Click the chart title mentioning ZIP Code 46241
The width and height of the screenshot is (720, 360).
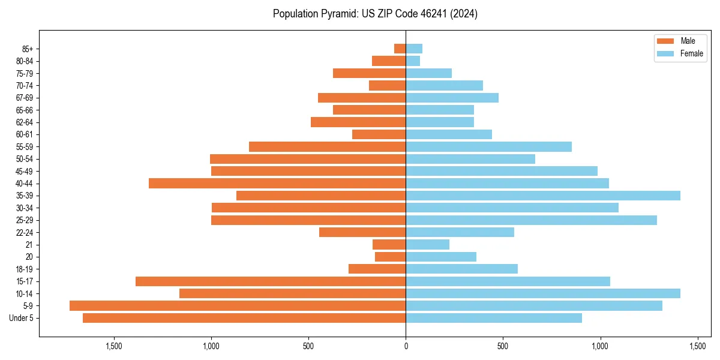click(x=375, y=14)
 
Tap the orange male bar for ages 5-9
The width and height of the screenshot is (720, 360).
click(x=238, y=305)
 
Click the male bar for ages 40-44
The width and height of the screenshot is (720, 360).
click(x=277, y=183)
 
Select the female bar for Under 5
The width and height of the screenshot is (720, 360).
click(x=494, y=318)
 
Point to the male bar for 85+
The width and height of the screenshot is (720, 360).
click(x=400, y=49)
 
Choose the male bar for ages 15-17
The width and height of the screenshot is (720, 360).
click(x=271, y=281)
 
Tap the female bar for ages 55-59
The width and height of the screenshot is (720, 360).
click(x=488, y=146)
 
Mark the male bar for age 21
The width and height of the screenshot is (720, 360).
click(x=389, y=244)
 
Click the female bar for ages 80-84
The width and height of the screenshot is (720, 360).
click(x=413, y=61)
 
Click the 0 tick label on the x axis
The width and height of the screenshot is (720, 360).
click(x=406, y=346)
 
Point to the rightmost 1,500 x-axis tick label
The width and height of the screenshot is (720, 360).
click(x=697, y=346)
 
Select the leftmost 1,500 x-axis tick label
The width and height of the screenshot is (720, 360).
click(x=114, y=346)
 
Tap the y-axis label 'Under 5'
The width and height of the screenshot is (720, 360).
click(x=22, y=318)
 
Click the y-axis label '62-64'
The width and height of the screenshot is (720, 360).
click(x=25, y=122)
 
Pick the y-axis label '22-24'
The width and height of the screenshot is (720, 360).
click(x=25, y=232)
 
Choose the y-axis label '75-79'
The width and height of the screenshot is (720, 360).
click(x=25, y=73)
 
